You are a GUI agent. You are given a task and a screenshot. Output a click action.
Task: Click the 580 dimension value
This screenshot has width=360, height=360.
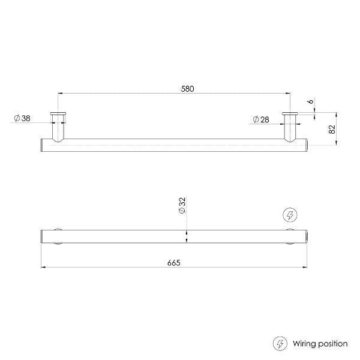187,88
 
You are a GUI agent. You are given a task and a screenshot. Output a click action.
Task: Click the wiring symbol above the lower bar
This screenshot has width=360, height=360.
289,214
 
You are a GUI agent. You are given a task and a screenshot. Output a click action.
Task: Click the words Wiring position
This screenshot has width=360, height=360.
320,344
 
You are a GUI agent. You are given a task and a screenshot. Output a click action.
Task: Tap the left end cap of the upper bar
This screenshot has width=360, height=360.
42,145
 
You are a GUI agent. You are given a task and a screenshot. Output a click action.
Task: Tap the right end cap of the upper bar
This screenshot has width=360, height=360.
306,145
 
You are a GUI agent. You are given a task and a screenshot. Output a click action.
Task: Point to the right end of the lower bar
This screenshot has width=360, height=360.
306,236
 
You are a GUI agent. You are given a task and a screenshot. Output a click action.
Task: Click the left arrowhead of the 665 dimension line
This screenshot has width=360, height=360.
43,268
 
